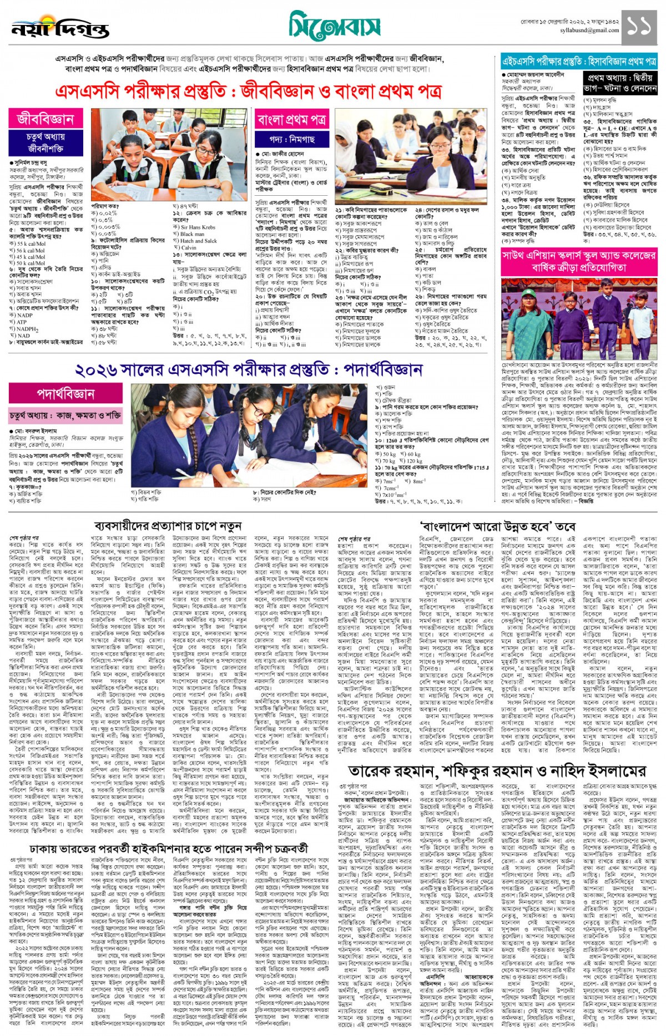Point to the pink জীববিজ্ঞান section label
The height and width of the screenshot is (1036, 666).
pos(46,119)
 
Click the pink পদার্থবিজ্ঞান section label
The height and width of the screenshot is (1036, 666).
pos(66,394)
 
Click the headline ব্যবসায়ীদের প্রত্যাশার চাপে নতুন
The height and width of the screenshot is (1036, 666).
pos(168,525)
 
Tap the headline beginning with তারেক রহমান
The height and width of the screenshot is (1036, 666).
pos(497,771)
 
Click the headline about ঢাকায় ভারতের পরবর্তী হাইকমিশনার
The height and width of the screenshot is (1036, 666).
pos(168,849)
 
